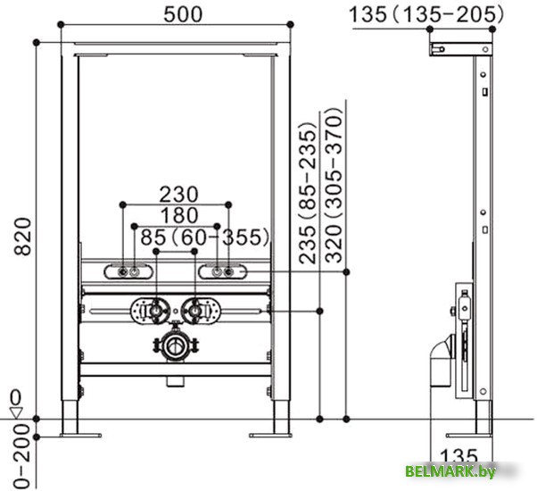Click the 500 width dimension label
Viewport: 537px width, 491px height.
click(183, 14)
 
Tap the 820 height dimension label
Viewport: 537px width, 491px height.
click(23, 237)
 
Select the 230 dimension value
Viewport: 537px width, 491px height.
click(178, 195)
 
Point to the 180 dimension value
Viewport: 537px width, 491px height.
click(179, 215)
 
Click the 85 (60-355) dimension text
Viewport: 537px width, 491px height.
click(205, 237)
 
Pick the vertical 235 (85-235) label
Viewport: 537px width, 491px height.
click(307, 193)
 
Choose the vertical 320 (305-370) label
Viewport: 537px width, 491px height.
click(334, 185)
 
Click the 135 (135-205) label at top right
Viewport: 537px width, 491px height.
click(426, 15)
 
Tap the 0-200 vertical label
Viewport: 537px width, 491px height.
click(22, 455)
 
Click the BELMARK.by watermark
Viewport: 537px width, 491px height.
click(450, 471)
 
